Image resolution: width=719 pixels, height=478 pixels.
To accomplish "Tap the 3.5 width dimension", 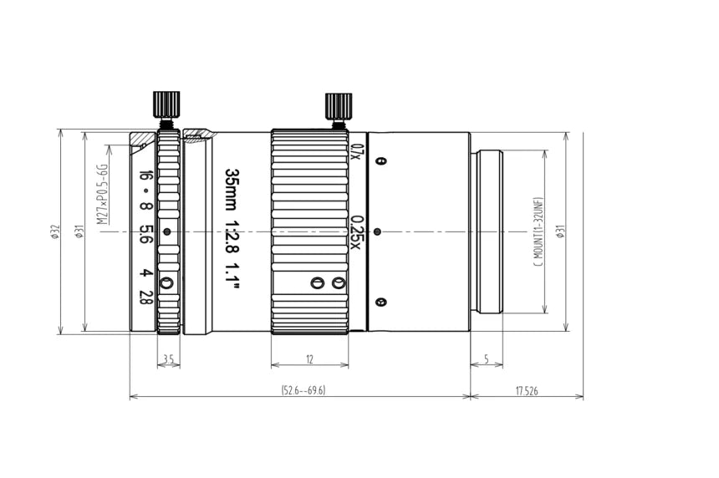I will click(x=168, y=359).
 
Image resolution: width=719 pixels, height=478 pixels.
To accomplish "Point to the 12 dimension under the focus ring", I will click(x=309, y=359).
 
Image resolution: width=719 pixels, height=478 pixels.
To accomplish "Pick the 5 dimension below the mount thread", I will click(x=487, y=359).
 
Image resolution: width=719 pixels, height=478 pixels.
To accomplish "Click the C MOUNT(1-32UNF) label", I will click(x=538, y=231).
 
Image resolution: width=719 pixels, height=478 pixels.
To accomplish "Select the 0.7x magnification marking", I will click(x=356, y=151).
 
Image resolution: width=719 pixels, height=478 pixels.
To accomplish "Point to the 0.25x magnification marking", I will click(x=357, y=231).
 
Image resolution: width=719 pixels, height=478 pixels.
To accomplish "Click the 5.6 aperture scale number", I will click(x=145, y=234).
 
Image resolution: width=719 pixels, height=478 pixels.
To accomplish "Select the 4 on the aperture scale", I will click(x=145, y=273).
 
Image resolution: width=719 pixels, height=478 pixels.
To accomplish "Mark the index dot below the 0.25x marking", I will click(x=378, y=231).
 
